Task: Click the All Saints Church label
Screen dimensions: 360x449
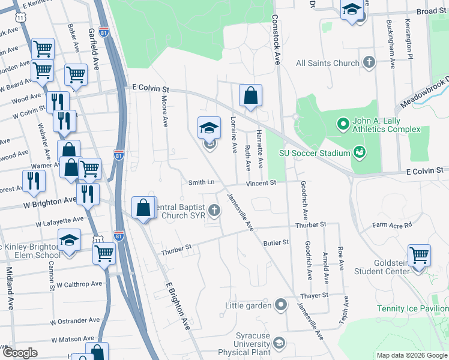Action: (328, 62)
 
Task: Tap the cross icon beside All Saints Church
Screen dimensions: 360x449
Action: (369, 62)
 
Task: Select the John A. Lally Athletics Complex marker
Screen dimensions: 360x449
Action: (343, 124)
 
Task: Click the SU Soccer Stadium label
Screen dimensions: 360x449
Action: (315, 152)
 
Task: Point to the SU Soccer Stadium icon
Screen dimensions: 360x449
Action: (359, 152)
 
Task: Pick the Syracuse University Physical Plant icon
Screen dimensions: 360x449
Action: (279, 343)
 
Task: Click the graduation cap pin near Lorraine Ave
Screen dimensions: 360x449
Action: (209, 127)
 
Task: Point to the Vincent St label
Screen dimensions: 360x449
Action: (261, 182)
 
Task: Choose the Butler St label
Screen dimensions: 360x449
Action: (276, 242)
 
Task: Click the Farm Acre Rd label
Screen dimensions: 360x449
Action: (392, 226)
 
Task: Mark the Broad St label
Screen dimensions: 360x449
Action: (431, 11)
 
